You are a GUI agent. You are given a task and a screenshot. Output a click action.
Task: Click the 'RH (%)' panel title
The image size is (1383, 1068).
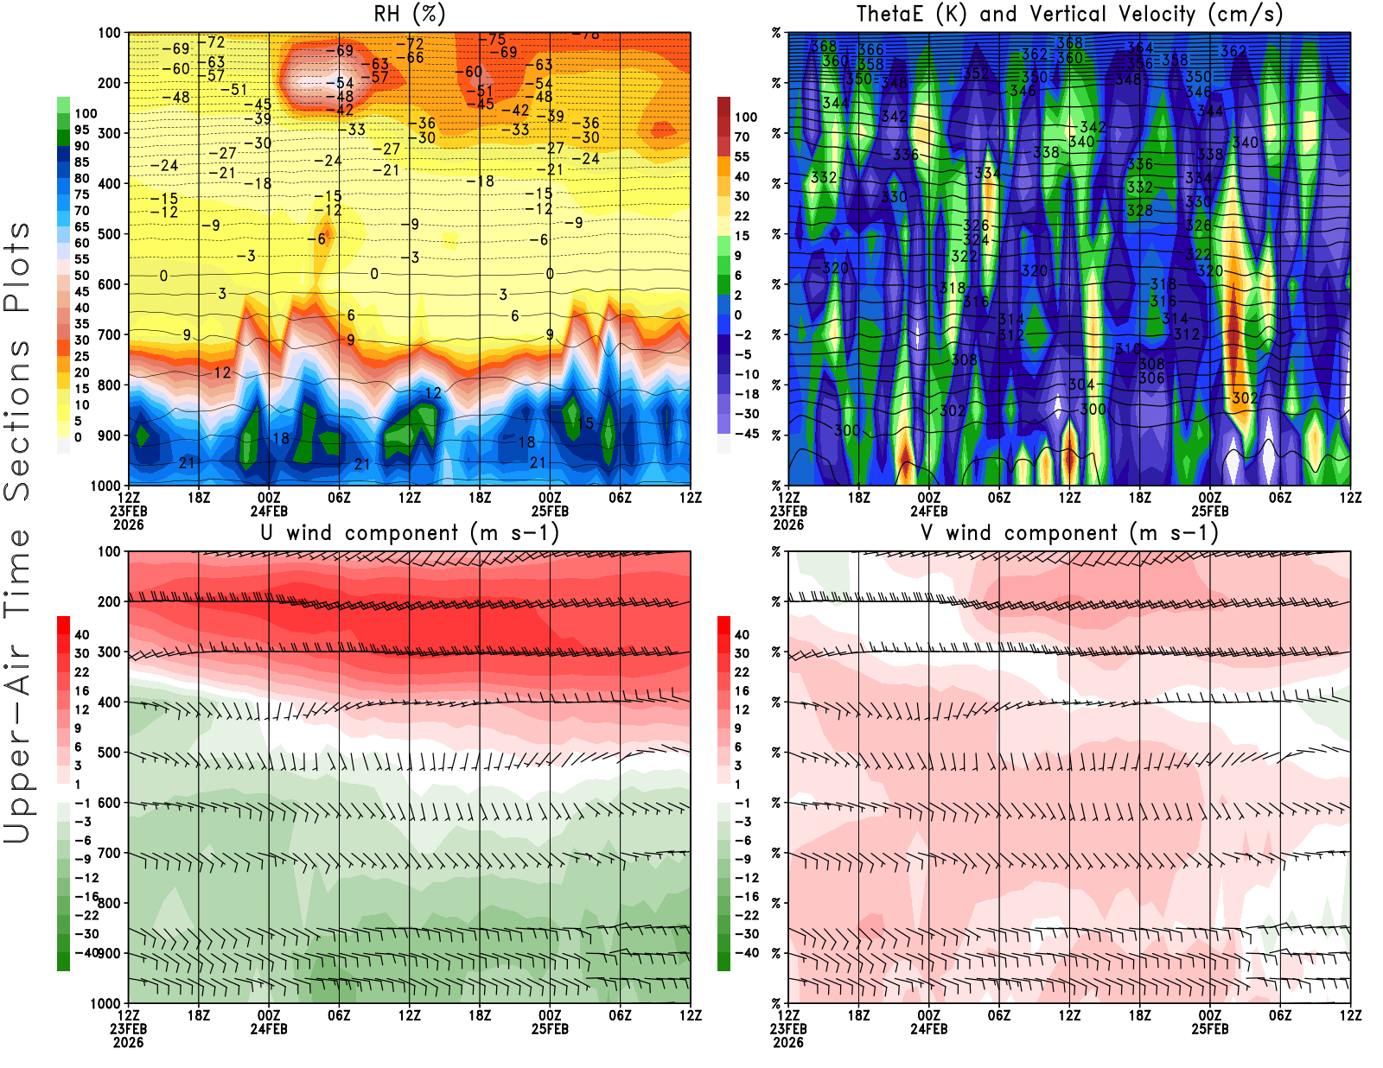(x=410, y=15)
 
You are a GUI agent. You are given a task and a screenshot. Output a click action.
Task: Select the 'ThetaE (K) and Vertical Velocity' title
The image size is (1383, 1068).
(x=1069, y=15)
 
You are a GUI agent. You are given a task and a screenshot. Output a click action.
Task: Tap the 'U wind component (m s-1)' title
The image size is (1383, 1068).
(x=410, y=533)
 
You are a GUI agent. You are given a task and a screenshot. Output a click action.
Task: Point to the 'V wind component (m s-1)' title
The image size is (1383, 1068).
(x=1069, y=533)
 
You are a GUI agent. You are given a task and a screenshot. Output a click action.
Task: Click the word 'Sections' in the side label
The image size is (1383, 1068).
(x=17, y=420)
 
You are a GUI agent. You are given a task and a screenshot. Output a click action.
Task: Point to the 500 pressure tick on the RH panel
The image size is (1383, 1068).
(x=109, y=234)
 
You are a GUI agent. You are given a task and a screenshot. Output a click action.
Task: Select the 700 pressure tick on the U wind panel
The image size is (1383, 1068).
(x=109, y=854)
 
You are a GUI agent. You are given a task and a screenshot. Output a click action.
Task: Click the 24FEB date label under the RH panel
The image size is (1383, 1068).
(x=269, y=511)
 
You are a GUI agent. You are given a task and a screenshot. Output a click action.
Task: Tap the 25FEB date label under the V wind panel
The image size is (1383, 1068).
(x=1210, y=1029)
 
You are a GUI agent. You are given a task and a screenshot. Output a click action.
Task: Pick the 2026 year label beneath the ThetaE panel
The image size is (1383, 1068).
(x=788, y=524)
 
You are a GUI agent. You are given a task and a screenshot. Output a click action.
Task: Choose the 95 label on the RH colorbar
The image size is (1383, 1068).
(x=81, y=130)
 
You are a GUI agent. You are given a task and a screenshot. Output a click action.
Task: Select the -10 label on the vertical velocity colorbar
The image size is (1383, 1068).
(x=746, y=374)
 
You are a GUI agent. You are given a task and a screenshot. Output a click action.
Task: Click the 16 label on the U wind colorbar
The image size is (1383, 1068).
(x=81, y=691)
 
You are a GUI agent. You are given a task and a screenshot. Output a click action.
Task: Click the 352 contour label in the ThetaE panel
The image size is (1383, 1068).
(x=976, y=73)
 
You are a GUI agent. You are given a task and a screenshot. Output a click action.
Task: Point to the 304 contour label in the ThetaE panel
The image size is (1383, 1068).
(x=1081, y=385)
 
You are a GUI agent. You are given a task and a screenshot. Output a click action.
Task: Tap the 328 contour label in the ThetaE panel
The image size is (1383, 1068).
(x=1139, y=211)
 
